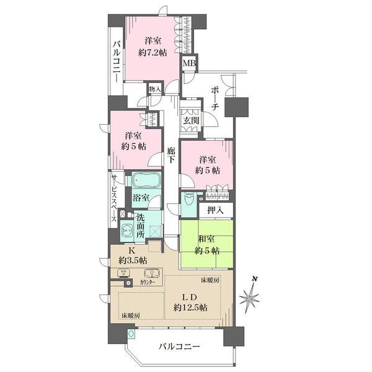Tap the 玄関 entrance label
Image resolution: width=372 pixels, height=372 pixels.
coord(190,121)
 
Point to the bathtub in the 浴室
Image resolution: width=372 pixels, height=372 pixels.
coord(144,182)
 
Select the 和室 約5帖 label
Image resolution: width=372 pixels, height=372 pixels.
coord(206,246)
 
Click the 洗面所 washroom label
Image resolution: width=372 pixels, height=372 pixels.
coord(141,227)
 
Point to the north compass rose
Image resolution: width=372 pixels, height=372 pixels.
coord(251,299)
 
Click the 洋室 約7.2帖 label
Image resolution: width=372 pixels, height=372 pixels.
coord(153,46)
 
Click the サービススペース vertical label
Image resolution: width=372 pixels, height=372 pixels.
coord(114,199)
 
